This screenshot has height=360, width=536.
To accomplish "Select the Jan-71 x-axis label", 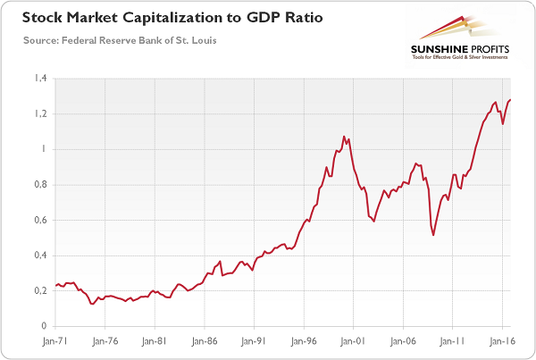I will [x=54, y=340].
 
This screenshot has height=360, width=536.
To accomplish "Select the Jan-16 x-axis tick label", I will [x=503, y=340].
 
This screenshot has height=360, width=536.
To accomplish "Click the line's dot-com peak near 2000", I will [x=344, y=137].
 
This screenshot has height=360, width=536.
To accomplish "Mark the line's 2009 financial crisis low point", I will [x=433, y=235].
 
